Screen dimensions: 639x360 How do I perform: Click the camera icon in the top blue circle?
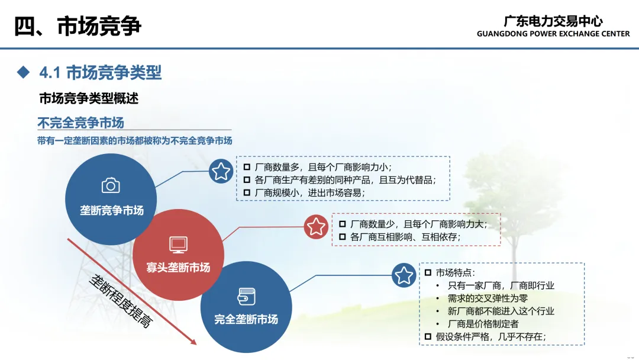pyautogui.click(x=111, y=185)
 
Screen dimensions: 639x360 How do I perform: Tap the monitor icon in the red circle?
pyautogui.click(x=178, y=245)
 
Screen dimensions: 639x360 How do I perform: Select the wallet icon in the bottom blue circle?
pyautogui.click(x=246, y=297)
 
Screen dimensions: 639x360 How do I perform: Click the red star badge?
pyautogui.click(x=316, y=227)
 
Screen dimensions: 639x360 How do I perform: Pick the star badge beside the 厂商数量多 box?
pyautogui.click(x=221, y=171)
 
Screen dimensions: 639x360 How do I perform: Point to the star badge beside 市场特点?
pyautogui.click(x=404, y=275)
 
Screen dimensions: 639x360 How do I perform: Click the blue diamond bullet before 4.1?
pyautogui.click(x=23, y=72)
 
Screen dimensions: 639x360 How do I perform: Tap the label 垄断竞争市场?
pyautogui.click(x=112, y=210)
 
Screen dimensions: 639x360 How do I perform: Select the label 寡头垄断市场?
pyautogui.click(x=178, y=268)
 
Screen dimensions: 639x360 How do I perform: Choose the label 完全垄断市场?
pyautogui.click(x=246, y=319)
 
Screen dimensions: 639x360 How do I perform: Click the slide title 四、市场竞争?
pyautogui.click(x=78, y=26)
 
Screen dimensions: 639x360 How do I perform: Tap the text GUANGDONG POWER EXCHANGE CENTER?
pyautogui.click(x=553, y=34)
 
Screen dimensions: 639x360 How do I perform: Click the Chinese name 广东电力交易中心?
pyautogui.click(x=553, y=21)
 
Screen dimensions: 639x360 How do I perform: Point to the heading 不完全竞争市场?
pyautogui.click(x=80, y=123)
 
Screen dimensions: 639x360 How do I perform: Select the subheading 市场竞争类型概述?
pyautogui.click(x=89, y=98)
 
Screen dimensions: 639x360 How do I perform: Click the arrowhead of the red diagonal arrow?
pyautogui.click(x=194, y=342)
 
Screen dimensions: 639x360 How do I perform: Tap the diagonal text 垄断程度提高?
pyautogui.click(x=121, y=301)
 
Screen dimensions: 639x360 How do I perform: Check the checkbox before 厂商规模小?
pyautogui.click(x=247, y=192)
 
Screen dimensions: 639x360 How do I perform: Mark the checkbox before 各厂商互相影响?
pyautogui.click(x=343, y=237)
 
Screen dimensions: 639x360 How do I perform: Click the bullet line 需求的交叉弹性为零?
pyautogui.click(x=488, y=298)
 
